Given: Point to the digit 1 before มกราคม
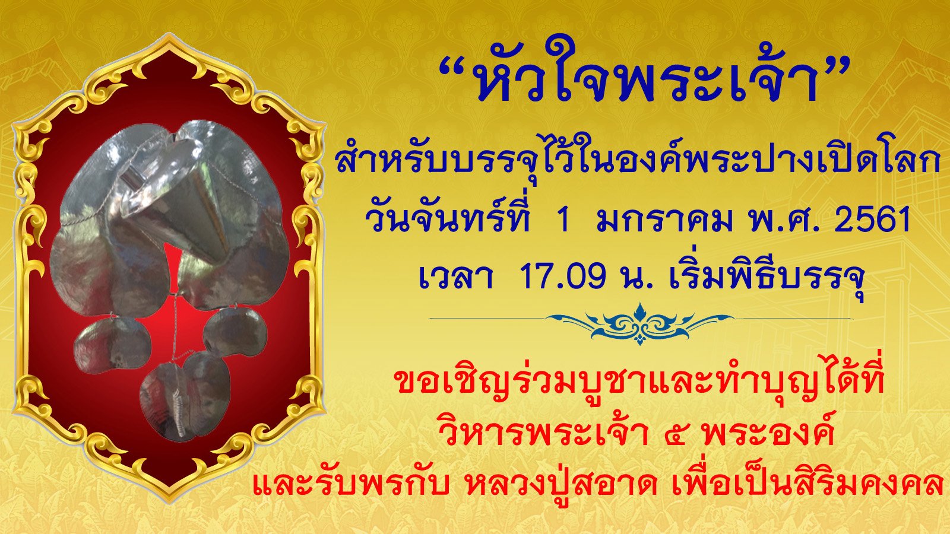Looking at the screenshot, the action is tap(563, 220).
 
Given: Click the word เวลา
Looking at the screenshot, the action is tap(455, 276).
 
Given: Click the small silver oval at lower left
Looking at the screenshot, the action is tap(112, 345).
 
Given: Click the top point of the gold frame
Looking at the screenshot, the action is tap(169, 34).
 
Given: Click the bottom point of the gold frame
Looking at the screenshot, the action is tap(169, 502).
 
